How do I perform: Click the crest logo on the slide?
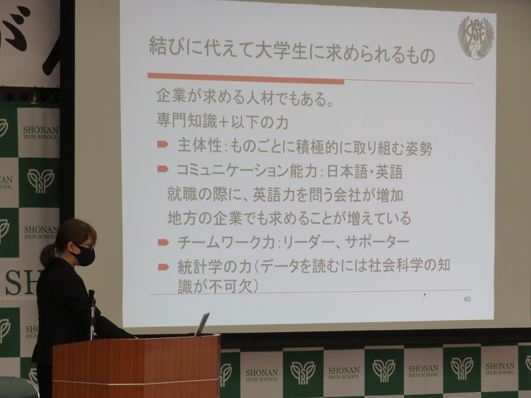[x=475, y=36]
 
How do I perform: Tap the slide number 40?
[x=466, y=299]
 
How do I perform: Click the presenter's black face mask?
[x=83, y=254]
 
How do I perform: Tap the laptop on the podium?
[x=202, y=324]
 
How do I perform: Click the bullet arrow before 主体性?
[x=162, y=144]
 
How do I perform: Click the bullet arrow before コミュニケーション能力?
[x=163, y=168]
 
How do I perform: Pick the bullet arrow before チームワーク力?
[x=163, y=242]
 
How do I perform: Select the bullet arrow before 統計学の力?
[x=164, y=268]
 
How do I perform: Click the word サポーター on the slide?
[x=377, y=242]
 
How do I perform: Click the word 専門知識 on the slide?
[x=187, y=120]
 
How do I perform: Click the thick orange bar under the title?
[x=246, y=79]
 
